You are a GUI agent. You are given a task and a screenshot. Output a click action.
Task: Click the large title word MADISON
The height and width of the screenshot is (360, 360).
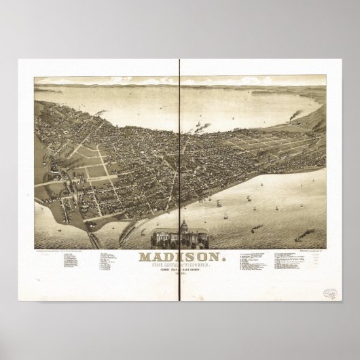tap(179, 257)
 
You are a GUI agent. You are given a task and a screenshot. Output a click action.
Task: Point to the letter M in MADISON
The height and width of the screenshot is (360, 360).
tap(145, 257)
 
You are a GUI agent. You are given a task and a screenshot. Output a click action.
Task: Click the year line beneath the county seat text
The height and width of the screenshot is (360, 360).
tap(179, 276)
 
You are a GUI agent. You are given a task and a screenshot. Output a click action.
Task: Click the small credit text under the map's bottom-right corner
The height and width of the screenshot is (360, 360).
tap(309, 251)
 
